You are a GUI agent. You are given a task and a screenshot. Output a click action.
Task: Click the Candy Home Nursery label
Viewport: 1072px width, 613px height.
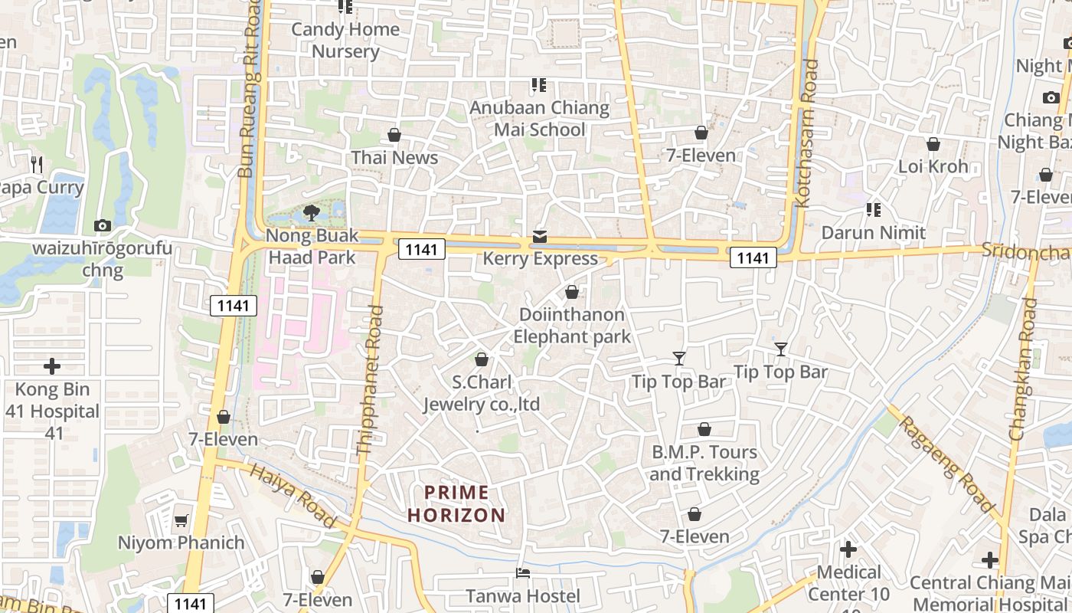click(345, 41)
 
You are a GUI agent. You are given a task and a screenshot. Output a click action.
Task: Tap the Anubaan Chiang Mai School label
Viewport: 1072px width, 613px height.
click(539, 119)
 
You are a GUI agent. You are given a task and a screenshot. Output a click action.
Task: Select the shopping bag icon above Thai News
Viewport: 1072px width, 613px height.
click(394, 136)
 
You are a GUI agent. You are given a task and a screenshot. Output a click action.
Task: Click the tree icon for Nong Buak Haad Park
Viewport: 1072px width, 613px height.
click(312, 212)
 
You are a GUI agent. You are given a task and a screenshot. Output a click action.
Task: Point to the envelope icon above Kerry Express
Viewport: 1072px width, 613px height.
click(541, 236)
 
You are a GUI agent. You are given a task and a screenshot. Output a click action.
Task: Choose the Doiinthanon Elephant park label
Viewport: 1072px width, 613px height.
click(572, 326)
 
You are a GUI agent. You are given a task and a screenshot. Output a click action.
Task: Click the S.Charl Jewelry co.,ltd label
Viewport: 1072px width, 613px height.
click(482, 393)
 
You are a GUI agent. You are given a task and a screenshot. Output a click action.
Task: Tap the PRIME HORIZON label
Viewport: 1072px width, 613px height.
click(456, 503)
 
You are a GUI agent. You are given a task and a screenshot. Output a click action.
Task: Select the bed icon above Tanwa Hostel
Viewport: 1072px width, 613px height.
click(523, 572)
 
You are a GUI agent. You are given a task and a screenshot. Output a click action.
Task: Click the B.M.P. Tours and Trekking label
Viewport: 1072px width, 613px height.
click(704, 463)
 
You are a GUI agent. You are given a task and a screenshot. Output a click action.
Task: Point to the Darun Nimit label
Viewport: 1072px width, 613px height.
click(874, 232)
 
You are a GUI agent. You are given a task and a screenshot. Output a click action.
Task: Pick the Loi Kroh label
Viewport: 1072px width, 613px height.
click(933, 166)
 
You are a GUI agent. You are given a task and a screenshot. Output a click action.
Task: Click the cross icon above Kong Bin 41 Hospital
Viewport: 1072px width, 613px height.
click(52, 366)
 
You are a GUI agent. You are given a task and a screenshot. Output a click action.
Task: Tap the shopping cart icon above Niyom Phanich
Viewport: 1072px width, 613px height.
click(181, 521)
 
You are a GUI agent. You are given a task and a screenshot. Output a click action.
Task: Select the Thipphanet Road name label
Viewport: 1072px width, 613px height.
click(370, 381)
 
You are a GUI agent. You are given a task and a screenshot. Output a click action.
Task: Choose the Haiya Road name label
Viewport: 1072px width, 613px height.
click(293, 496)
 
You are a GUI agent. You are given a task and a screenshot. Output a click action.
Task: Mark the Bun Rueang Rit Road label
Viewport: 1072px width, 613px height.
click(250, 88)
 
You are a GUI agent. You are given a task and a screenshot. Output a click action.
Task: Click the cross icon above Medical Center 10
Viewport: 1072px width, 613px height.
click(848, 549)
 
